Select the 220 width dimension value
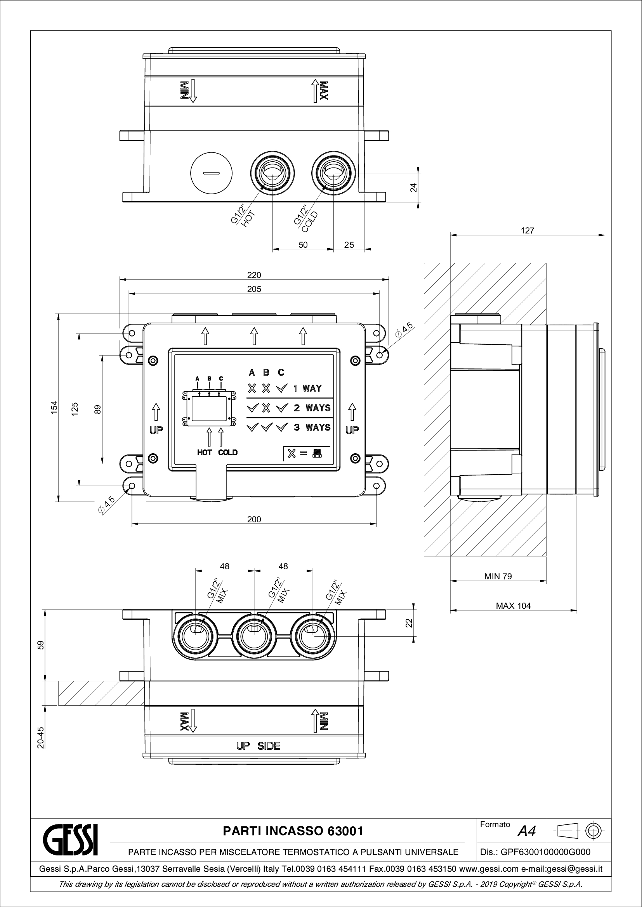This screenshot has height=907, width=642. pyautogui.click(x=254, y=275)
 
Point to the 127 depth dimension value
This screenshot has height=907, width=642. pyautogui.click(x=527, y=231)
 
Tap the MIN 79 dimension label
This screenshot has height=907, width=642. pyautogui.click(x=498, y=576)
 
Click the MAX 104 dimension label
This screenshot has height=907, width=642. pyautogui.click(x=513, y=606)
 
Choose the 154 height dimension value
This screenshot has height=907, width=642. pyautogui.click(x=54, y=407)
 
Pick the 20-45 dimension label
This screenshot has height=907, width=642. pyautogui.click(x=40, y=738)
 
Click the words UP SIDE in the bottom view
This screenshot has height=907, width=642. pyautogui.click(x=258, y=746)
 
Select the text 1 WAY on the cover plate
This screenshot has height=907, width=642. pyautogui.click(x=307, y=388)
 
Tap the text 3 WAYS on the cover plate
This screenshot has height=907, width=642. pyautogui.click(x=312, y=427)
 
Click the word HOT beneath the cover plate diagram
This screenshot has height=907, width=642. pyautogui.click(x=205, y=452)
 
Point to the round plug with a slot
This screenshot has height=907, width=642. pyautogui.click(x=212, y=173)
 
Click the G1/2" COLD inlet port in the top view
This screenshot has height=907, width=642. pyautogui.click(x=333, y=173)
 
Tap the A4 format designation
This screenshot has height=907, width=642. pyautogui.click(x=527, y=831)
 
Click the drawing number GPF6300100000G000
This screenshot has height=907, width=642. pyautogui.click(x=545, y=852)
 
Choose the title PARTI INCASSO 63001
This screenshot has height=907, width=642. pyautogui.click(x=293, y=831)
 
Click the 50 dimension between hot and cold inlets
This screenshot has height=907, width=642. pyautogui.click(x=303, y=245)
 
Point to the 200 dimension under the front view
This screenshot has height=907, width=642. pyautogui.click(x=254, y=520)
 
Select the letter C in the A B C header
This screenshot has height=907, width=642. pyautogui.click(x=281, y=373)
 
